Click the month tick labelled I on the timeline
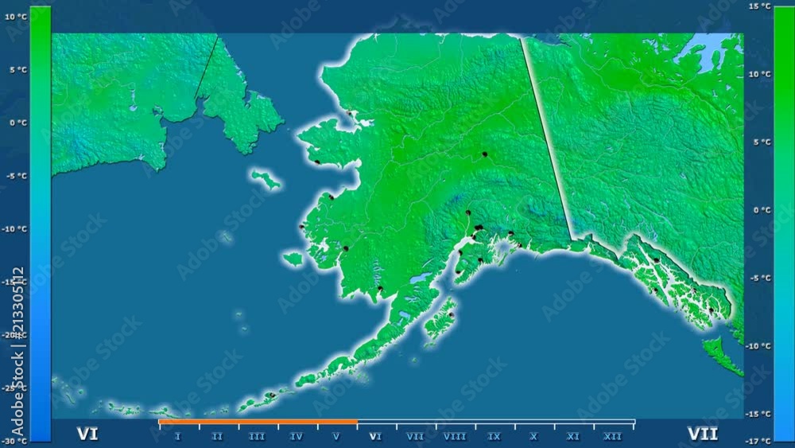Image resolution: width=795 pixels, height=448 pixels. pyautogui.click(x=177, y=436)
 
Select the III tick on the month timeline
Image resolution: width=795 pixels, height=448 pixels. pyautogui.click(x=257, y=436)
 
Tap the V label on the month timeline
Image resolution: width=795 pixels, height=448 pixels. pyautogui.click(x=336, y=436)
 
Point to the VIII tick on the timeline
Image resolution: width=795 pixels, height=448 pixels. pyautogui.click(x=455, y=436)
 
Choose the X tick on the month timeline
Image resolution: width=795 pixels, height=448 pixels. pyautogui.click(x=533, y=436)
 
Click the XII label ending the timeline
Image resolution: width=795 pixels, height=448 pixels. pyautogui.click(x=612, y=436)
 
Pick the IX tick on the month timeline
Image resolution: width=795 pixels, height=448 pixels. pyautogui.click(x=494, y=436)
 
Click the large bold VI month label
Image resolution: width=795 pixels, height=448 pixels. pyautogui.click(x=87, y=434)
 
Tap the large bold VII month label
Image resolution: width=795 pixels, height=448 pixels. pyautogui.click(x=702, y=434)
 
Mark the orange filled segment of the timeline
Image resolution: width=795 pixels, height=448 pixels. pyautogui.click(x=258, y=422)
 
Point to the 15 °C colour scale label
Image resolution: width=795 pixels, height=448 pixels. pyautogui.click(x=760, y=6)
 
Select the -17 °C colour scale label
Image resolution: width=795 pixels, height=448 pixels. pyautogui.click(x=760, y=441)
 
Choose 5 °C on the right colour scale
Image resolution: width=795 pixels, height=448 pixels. pyautogui.click(x=761, y=142)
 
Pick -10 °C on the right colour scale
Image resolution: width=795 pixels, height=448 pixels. pyautogui.click(x=759, y=345)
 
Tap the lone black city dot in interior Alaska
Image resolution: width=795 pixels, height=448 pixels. pyautogui.click(x=484, y=154)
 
